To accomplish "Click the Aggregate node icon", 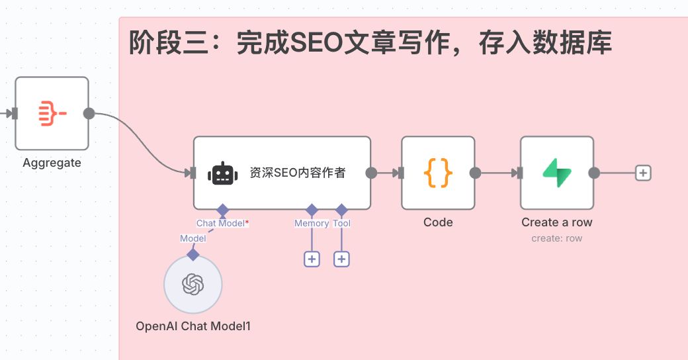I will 52,113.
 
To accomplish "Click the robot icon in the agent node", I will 222,173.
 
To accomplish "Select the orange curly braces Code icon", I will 438,173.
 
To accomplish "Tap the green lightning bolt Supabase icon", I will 557,173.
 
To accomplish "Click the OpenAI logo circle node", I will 193,285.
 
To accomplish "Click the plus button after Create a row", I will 643,173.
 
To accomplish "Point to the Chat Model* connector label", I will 222,224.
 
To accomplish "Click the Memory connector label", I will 312,224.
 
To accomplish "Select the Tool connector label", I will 341,224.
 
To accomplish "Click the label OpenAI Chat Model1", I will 193,326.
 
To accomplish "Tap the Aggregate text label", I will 52,163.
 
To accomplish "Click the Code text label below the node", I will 438,222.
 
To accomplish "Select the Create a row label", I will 557,222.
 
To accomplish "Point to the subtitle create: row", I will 557,238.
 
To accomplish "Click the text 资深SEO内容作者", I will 297,173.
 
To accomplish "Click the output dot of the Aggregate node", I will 89,113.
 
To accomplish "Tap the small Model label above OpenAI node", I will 193,238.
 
